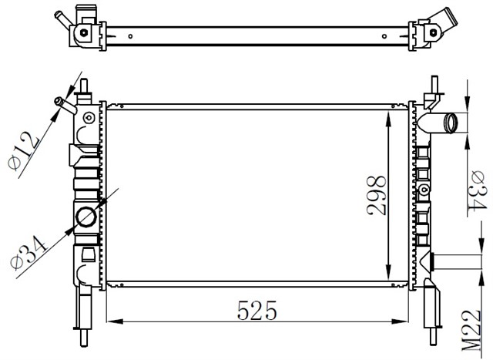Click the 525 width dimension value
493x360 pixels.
257,310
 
